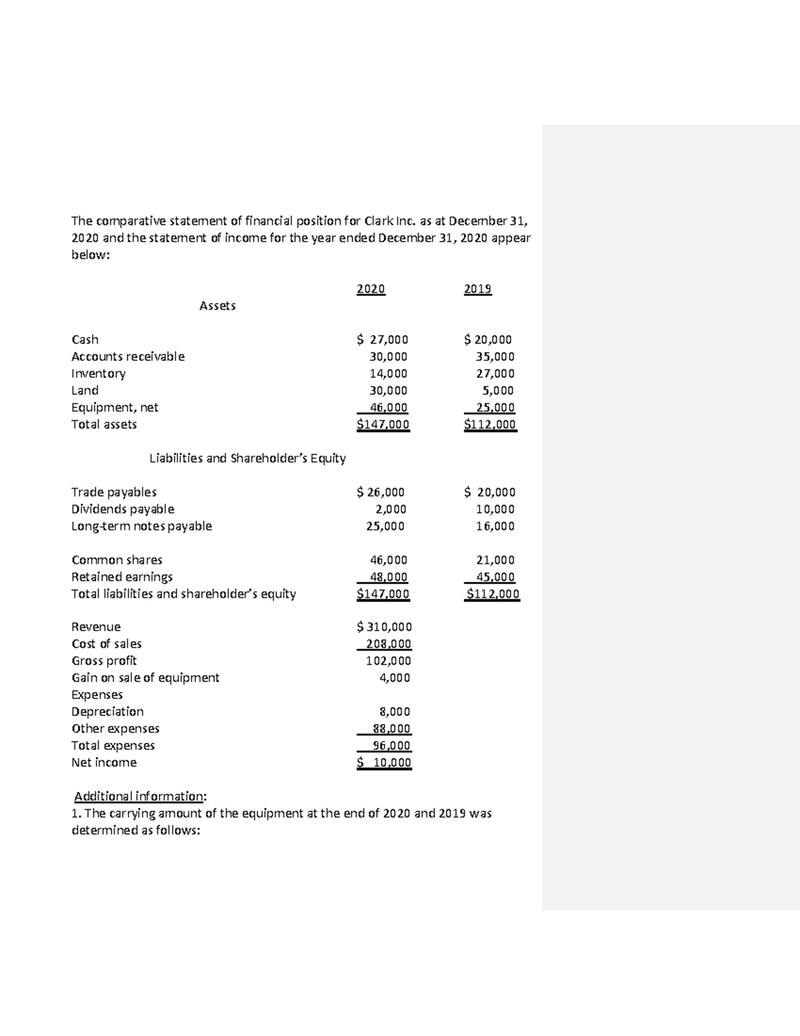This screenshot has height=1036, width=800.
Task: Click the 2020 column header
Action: pyautogui.click(x=371, y=289)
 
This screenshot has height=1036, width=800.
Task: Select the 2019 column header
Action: pyautogui.click(x=477, y=289)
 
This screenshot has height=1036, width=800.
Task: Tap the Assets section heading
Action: pyautogui.click(x=217, y=306)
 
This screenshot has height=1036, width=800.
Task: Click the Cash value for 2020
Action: pyautogui.click(x=383, y=340)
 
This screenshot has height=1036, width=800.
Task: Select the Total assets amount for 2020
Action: pyautogui.click(x=383, y=424)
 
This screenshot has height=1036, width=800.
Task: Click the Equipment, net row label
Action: pyautogui.click(x=115, y=408)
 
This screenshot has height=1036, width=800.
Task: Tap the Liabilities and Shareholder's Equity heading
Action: pyautogui.click(x=247, y=458)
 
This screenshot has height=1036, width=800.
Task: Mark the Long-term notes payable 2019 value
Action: pyautogui.click(x=495, y=526)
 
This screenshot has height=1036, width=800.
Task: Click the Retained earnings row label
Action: pyautogui.click(x=122, y=576)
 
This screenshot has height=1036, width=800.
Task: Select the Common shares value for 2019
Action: pyautogui.click(x=495, y=560)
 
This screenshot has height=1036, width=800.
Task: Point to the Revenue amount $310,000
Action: pyautogui.click(x=384, y=626)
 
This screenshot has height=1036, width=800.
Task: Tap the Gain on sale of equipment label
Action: pyautogui.click(x=145, y=677)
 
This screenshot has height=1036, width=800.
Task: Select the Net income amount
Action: pyautogui.click(x=384, y=762)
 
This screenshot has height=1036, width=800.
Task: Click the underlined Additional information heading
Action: pyautogui.click(x=139, y=796)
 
